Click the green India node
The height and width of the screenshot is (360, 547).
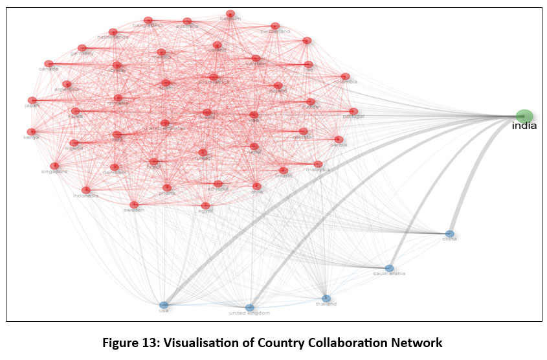(524, 115)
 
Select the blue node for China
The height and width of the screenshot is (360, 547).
(450, 234)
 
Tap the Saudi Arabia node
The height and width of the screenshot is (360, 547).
(389, 268)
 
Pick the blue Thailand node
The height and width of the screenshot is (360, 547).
(326, 298)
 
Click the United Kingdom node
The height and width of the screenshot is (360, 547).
(250, 308)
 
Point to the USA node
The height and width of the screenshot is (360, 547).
(164, 305)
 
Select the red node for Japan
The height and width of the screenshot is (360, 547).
(32, 100)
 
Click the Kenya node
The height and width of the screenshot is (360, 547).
(30, 131)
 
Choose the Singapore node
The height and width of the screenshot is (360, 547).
(54, 166)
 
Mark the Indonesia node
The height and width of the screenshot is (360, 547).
(86, 190)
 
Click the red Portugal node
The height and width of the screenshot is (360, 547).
(353, 111)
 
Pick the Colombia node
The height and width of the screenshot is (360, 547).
(345, 76)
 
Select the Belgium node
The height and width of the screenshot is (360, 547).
(230, 14)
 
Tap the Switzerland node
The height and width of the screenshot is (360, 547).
(275, 27)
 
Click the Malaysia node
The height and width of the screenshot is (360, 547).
(318, 164)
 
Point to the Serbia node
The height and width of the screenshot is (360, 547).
(338, 139)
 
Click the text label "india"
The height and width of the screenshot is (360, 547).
(524, 126)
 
